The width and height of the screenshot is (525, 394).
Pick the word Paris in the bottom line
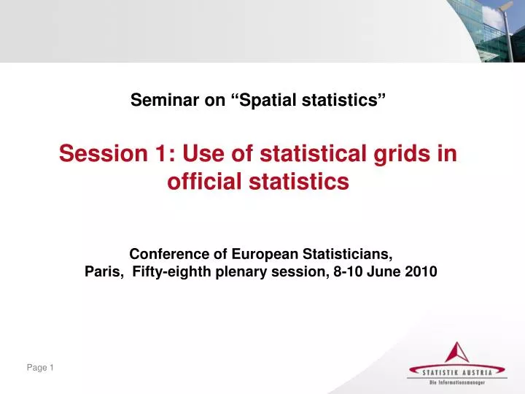(x=103, y=272)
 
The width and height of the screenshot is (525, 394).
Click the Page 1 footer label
(x=41, y=368)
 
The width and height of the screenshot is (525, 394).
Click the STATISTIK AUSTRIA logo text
(x=457, y=371)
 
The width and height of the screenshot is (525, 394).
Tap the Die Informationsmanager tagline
(x=457, y=382)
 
